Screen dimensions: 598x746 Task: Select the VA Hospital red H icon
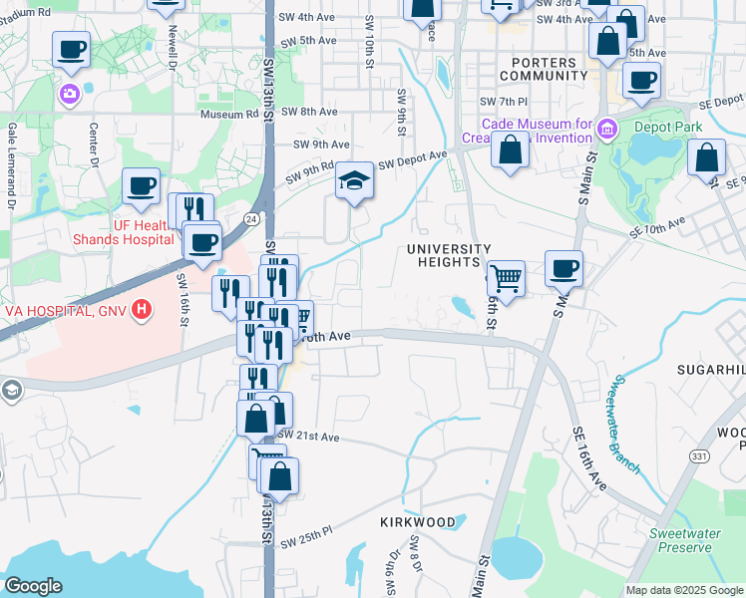[142, 310]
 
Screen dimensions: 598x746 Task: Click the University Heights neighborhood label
[448, 255]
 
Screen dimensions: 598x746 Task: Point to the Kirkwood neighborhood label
[418, 522]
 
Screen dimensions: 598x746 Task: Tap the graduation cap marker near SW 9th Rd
[353, 181]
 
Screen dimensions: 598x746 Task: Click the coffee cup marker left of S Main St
[564, 267]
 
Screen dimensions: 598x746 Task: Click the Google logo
[33, 586]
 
